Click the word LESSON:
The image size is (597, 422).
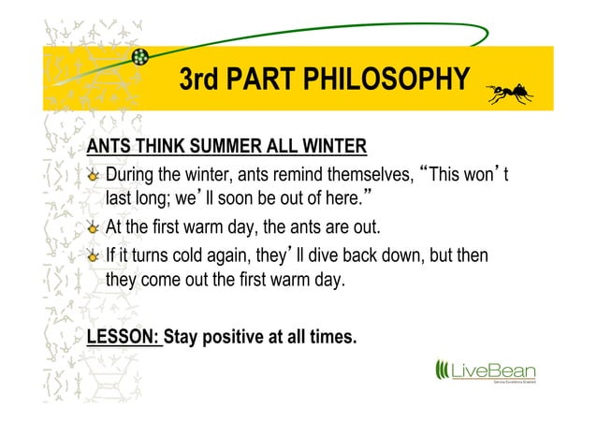[x=123, y=336]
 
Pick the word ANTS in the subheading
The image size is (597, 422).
[x=109, y=147]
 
